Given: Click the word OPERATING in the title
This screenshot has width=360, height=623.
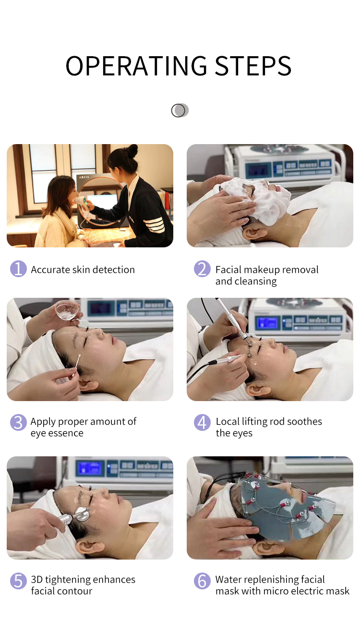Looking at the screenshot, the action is (x=136, y=66).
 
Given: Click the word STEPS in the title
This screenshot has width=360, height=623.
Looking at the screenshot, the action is (x=253, y=66).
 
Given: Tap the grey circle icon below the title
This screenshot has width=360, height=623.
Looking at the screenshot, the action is (x=180, y=110).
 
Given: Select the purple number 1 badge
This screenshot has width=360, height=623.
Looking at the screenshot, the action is (x=18, y=269).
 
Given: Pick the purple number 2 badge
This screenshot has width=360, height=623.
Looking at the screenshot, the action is (x=202, y=269).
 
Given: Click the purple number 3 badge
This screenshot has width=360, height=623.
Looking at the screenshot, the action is (x=18, y=423).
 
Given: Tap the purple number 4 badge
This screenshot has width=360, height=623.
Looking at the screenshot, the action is (x=202, y=423).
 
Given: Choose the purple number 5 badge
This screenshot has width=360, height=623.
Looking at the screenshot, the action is (x=18, y=581).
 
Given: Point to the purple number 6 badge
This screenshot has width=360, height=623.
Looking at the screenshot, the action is (x=202, y=581).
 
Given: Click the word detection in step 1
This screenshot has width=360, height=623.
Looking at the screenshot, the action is (x=113, y=269).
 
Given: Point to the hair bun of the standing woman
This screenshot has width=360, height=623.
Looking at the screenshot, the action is (x=132, y=150).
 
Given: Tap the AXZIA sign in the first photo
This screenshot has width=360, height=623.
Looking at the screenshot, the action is (x=84, y=177).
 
